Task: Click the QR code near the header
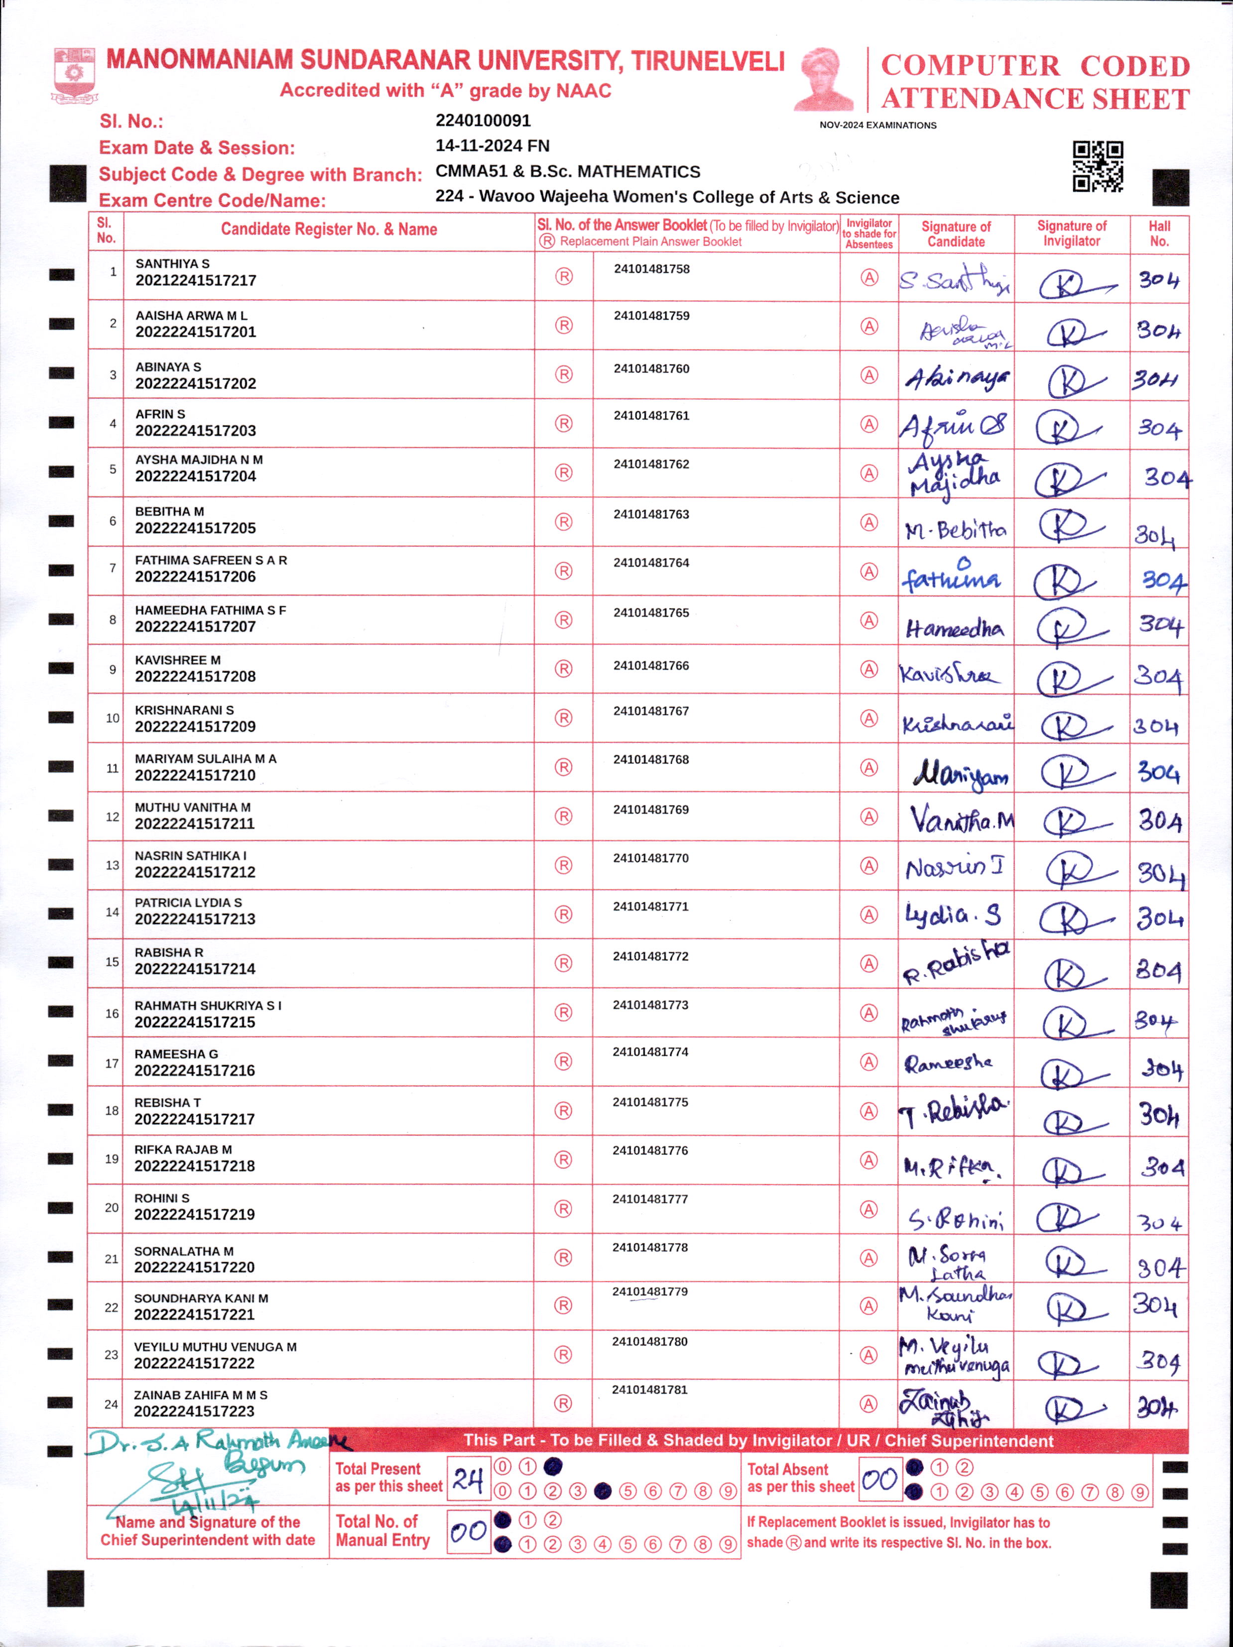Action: (x=1098, y=167)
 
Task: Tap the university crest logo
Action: (x=74, y=75)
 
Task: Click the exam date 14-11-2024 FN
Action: (x=492, y=146)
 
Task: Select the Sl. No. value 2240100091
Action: (x=483, y=120)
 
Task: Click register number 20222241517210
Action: (x=195, y=775)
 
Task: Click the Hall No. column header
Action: (x=1158, y=234)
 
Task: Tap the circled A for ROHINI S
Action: (x=868, y=1209)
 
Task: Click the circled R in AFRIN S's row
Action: (x=564, y=424)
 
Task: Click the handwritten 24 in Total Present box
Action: (x=468, y=1479)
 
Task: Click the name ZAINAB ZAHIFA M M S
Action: (x=200, y=1395)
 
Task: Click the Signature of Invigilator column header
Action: (x=1072, y=234)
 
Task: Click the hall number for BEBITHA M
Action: (x=1155, y=533)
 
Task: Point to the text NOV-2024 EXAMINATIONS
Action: (x=878, y=125)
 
